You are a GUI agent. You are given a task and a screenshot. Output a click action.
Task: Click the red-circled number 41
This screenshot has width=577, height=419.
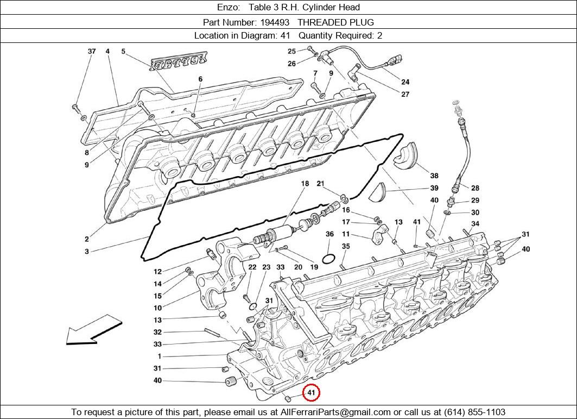(x=312, y=393)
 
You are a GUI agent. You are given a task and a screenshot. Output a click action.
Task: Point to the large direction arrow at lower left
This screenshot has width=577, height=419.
(x=94, y=329)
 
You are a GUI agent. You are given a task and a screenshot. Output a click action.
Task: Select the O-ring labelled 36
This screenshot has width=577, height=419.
(x=328, y=259)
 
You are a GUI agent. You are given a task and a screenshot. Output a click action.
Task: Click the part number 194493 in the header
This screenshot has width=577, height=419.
(x=275, y=22)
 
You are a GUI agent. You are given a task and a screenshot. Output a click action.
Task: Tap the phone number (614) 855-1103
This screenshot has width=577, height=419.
(x=474, y=411)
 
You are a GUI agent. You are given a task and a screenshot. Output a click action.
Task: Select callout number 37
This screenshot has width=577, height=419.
(x=92, y=52)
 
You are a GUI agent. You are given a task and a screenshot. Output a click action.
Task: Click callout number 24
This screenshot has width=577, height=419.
(x=405, y=82)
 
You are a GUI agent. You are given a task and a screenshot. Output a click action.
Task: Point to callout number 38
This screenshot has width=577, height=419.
(x=434, y=176)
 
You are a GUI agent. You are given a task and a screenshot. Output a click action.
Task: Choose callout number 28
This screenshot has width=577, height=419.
(x=475, y=188)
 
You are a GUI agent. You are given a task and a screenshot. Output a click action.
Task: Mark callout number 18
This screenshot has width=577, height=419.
(x=305, y=183)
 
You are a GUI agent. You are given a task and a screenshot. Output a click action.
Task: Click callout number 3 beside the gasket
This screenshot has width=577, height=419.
(x=86, y=251)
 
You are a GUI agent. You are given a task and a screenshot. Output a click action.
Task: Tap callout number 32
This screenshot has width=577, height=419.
(x=157, y=332)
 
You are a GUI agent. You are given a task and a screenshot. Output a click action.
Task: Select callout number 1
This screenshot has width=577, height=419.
(x=160, y=357)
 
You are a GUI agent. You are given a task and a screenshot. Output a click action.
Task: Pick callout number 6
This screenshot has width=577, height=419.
(x=200, y=79)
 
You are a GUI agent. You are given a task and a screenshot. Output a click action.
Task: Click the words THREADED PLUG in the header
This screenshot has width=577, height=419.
(x=335, y=22)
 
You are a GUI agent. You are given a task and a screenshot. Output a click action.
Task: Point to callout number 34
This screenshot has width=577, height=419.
(x=475, y=224)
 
